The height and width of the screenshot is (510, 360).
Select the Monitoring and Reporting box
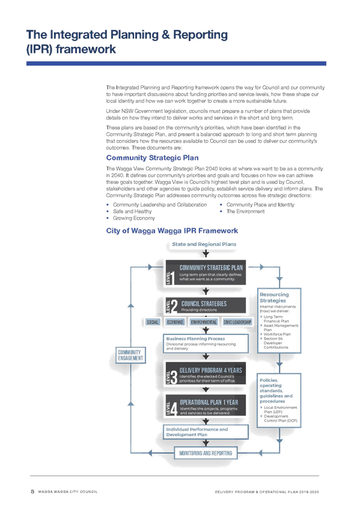click(x=206, y=453)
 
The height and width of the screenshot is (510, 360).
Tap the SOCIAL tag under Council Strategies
click(x=153, y=322)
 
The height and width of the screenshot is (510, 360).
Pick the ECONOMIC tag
click(x=175, y=322)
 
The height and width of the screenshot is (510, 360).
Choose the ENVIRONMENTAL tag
click(x=204, y=322)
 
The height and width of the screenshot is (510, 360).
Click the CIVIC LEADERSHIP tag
click(x=237, y=322)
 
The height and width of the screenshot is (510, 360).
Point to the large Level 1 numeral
click(x=172, y=278)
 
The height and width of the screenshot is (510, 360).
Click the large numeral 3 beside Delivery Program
click(x=174, y=378)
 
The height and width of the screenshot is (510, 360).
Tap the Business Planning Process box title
click(x=195, y=339)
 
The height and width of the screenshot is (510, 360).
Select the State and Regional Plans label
click(x=204, y=244)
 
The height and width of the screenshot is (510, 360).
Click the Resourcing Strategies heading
click(x=274, y=297)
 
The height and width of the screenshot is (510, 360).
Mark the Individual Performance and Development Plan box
click(x=206, y=432)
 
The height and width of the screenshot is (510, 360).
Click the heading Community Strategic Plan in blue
click(x=153, y=158)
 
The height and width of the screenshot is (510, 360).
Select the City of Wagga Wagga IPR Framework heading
click(x=172, y=230)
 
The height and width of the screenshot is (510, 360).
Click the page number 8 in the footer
click(x=32, y=491)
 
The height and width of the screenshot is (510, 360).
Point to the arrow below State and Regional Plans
click(x=206, y=253)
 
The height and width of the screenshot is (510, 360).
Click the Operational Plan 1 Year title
click(x=209, y=402)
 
